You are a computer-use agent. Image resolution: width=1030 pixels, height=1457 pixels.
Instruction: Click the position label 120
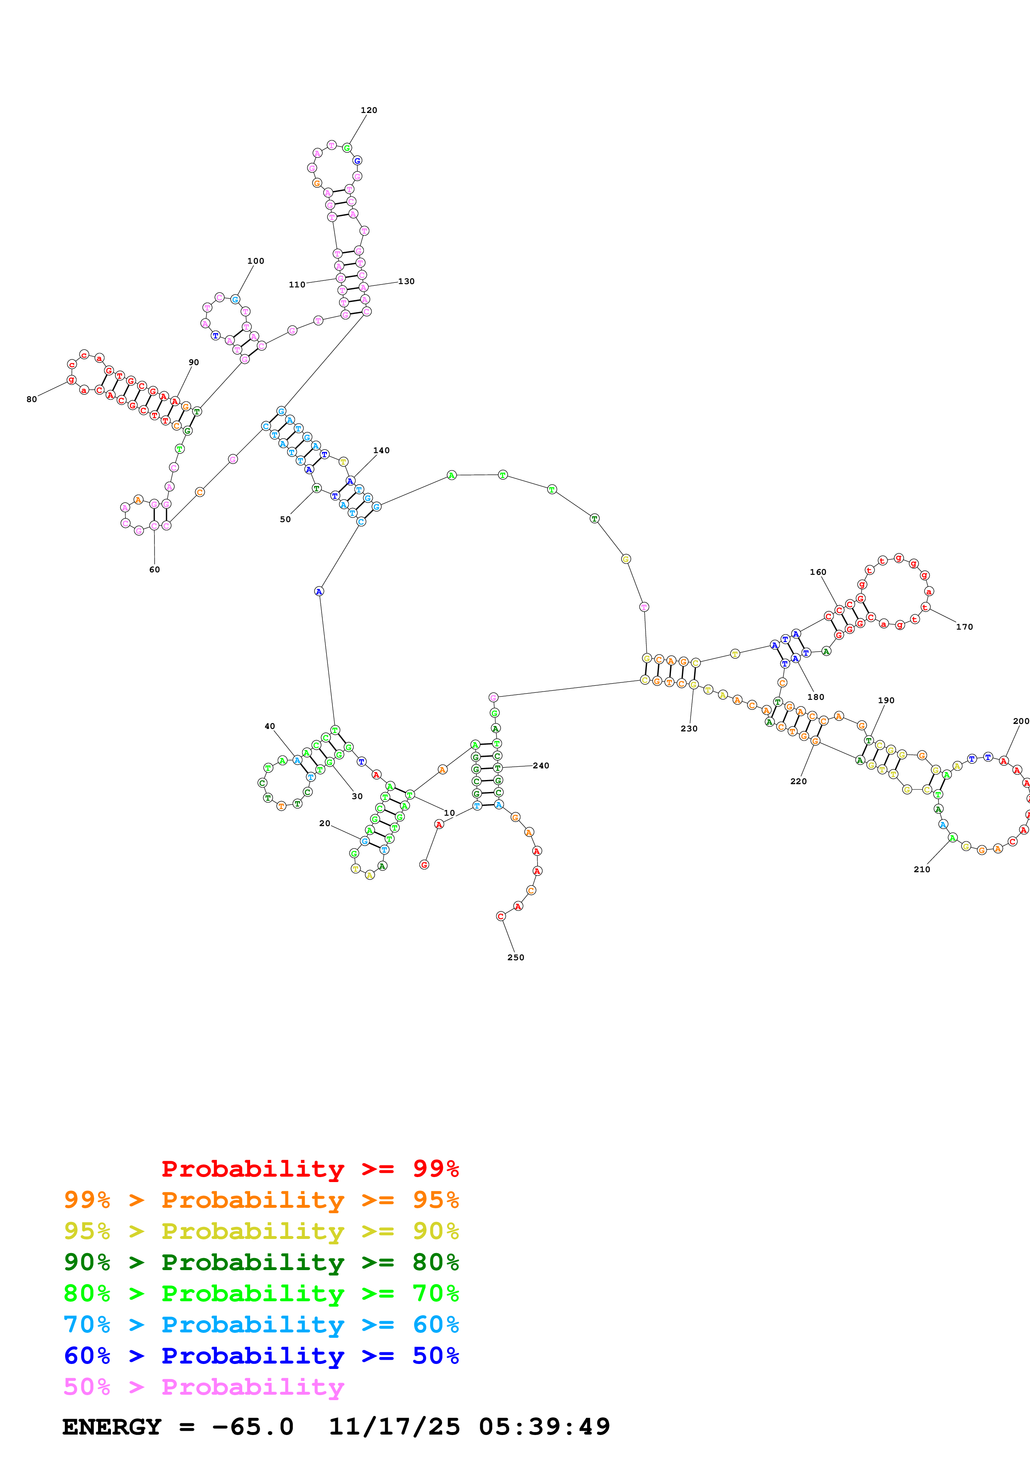point(368,110)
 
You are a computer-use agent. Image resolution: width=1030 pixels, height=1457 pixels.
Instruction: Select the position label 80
point(32,399)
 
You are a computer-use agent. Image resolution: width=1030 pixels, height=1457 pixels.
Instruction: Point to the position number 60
point(154,569)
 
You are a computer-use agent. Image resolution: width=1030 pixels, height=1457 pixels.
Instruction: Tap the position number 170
point(964,627)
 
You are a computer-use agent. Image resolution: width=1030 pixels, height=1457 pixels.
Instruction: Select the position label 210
point(922,869)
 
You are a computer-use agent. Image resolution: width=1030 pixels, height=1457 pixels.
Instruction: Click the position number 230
point(688,728)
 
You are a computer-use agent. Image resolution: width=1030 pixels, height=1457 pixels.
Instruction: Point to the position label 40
point(270,726)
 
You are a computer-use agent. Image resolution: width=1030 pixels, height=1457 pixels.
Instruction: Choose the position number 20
point(324,823)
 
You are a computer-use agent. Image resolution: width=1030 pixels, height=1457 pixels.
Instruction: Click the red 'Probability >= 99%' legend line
point(310,1168)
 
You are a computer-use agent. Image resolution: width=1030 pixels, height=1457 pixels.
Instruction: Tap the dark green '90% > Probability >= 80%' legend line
point(261,1262)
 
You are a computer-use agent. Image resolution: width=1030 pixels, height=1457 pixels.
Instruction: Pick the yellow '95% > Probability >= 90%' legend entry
point(261,1231)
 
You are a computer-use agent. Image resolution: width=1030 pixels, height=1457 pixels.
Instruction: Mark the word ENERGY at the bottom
point(112,1427)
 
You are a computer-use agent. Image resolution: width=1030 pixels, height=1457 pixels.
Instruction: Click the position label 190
point(885,701)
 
